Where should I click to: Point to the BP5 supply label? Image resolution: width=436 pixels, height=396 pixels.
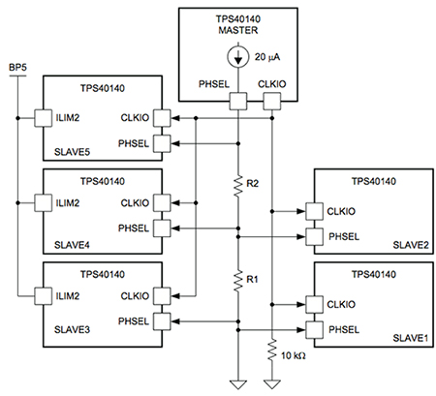tap(16, 66)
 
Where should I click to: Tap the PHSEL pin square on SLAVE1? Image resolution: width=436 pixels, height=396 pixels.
tap(312, 329)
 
